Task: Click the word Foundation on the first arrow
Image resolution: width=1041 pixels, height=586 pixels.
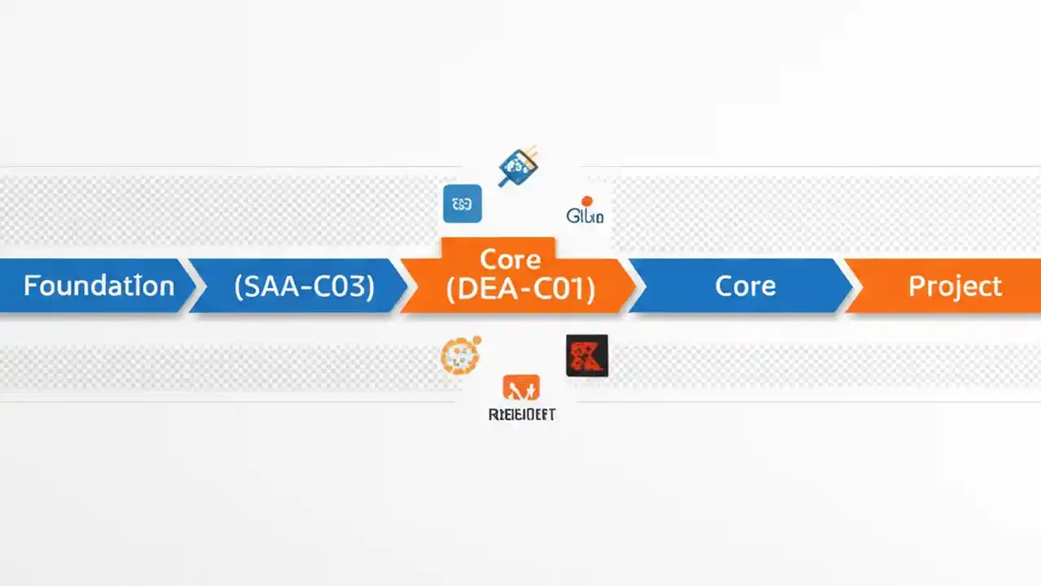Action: click(98, 286)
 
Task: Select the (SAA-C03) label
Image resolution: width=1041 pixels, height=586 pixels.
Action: click(303, 286)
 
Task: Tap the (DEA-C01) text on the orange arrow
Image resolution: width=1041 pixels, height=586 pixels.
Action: click(520, 288)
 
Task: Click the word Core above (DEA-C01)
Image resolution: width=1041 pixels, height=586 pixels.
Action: click(510, 260)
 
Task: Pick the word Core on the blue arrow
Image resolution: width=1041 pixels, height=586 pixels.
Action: click(745, 286)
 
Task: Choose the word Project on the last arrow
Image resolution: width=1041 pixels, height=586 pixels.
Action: click(955, 286)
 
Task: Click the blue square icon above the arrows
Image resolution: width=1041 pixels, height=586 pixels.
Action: click(462, 203)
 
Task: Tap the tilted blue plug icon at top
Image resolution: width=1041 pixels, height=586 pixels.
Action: click(517, 166)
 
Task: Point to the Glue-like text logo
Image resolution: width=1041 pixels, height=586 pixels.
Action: click(585, 216)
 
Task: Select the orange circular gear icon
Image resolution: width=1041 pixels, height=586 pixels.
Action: click(460, 356)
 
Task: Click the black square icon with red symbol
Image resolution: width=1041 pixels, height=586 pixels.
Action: click(586, 356)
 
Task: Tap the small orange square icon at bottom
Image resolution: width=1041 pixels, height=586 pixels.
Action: click(521, 387)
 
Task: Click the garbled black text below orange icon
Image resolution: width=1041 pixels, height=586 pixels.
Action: click(521, 414)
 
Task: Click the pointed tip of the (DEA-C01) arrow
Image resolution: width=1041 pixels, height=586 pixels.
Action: click(635, 286)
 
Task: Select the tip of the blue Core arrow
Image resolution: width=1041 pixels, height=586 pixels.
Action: click(851, 286)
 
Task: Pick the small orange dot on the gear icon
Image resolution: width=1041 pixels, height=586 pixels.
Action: click(477, 340)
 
